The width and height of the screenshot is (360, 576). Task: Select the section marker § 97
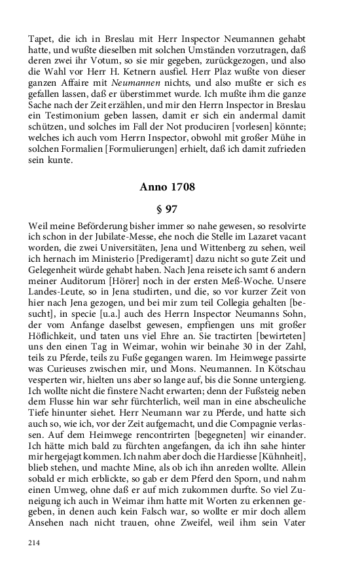pyautogui.click(x=167, y=211)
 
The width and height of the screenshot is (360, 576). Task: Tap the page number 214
pyautogui.click(x=35, y=543)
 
